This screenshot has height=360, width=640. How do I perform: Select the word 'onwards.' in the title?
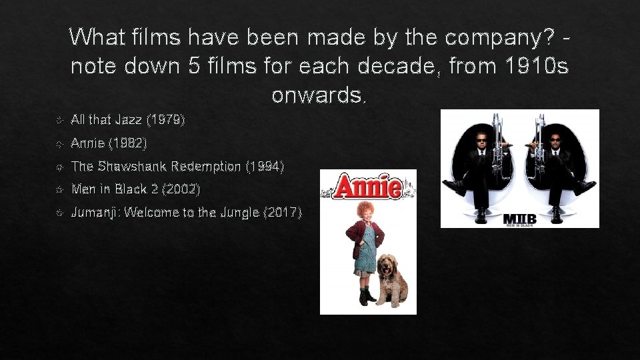pyautogui.click(x=319, y=95)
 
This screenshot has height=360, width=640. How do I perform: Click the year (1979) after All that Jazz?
pyautogui.click(x=166, y=120)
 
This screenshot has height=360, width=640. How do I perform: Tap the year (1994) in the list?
pyautogui.click(x=265, y=166)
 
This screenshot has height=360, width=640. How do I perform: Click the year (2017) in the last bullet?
pyautogui.click(x=283, y=213)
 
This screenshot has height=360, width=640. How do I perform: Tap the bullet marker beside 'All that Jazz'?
pyautogui.click(x=59, y=121)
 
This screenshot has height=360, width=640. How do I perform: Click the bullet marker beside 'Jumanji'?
pyautogui.click(x=59, y=213)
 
